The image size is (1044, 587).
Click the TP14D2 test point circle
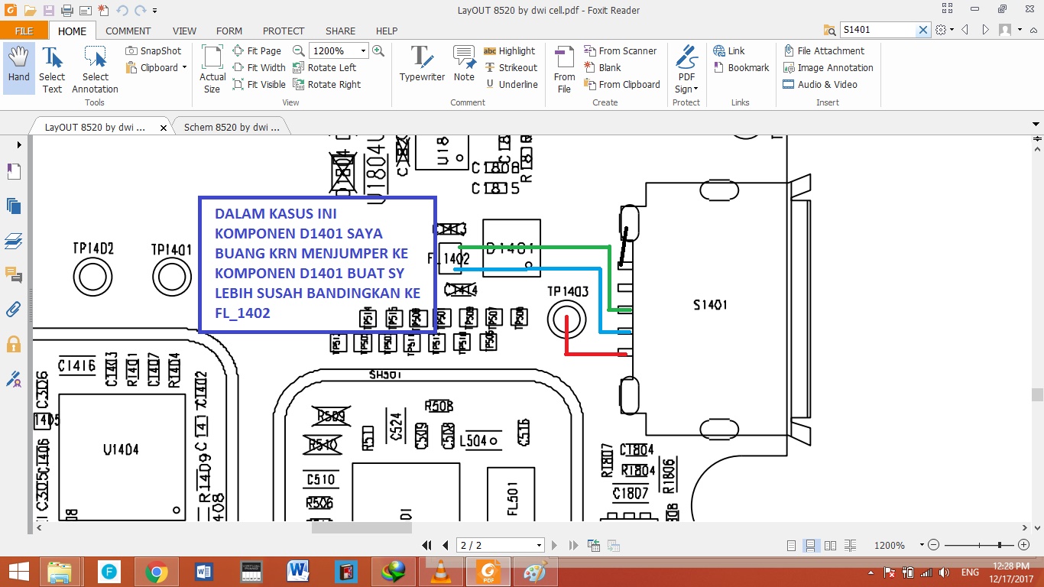[x=93, y=276]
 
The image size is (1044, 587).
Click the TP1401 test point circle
[x=171, y=276]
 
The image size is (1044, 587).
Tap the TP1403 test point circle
[x=566, y=318]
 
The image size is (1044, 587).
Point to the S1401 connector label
[x=710, y=305]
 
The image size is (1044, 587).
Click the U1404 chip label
[x=121, y=450]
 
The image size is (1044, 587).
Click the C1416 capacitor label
[x=76, y=367]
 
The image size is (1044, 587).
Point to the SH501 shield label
[x=384, y=375]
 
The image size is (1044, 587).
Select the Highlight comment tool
[x=510, y=50]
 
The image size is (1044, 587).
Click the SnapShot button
[x=154, y=50]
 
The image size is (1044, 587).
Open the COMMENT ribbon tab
[x=128, y=31]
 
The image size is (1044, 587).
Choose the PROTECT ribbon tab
[x=284, y=31]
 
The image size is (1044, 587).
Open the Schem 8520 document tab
[x=231, y=128]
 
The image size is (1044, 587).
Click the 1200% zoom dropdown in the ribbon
[x=339, y=50]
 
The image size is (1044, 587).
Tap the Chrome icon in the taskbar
[x=156, y=572]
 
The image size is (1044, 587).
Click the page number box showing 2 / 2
[x=500, y=545]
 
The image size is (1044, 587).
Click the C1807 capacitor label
[x=630, y=493]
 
